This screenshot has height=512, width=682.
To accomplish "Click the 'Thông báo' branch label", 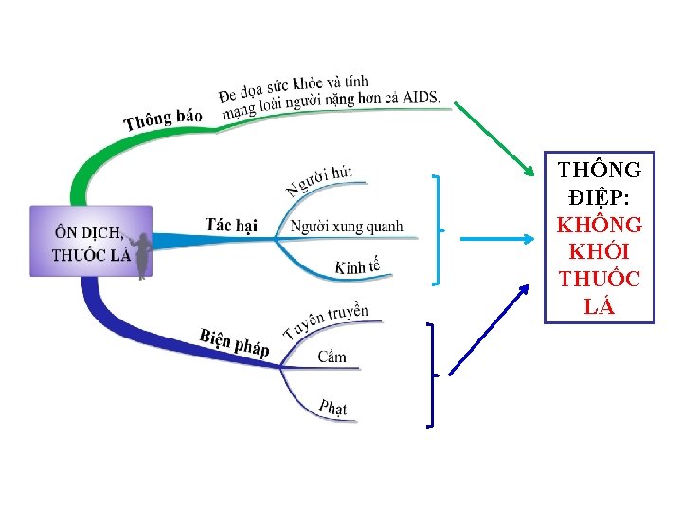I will click(x=163, y=119).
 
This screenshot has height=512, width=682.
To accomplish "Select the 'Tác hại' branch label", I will click(x=231, y=225).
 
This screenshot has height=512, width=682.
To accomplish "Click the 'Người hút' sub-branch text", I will click(x=319, y=178).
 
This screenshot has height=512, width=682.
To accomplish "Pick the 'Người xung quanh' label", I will click(x=347, y=226).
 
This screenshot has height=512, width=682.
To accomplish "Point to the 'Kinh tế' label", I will click(x=357, y=267).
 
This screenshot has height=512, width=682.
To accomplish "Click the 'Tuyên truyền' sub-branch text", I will click(x=326, y=321).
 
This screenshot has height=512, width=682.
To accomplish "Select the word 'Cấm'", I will click(x=332, y=357).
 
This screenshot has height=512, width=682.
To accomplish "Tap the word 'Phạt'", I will click(x=332, y=408).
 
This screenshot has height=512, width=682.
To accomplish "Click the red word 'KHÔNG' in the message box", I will click(x=599, y=226).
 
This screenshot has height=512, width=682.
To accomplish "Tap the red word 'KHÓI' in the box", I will click(x=599, y=253).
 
